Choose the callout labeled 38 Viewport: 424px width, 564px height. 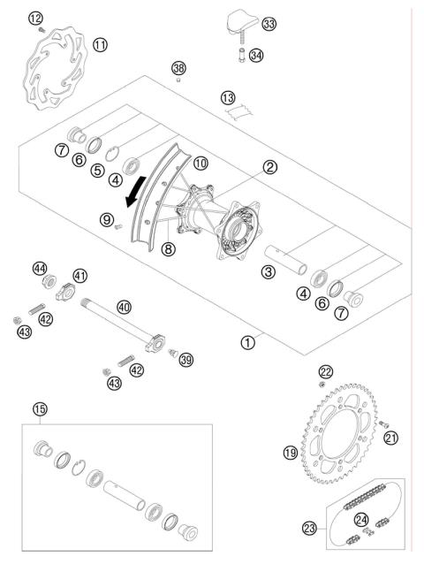179,68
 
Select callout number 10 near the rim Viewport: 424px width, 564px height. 201,164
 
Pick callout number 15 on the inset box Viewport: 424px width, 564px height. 39,409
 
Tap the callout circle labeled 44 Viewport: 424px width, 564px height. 39,268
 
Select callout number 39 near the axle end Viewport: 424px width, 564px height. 185,359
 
